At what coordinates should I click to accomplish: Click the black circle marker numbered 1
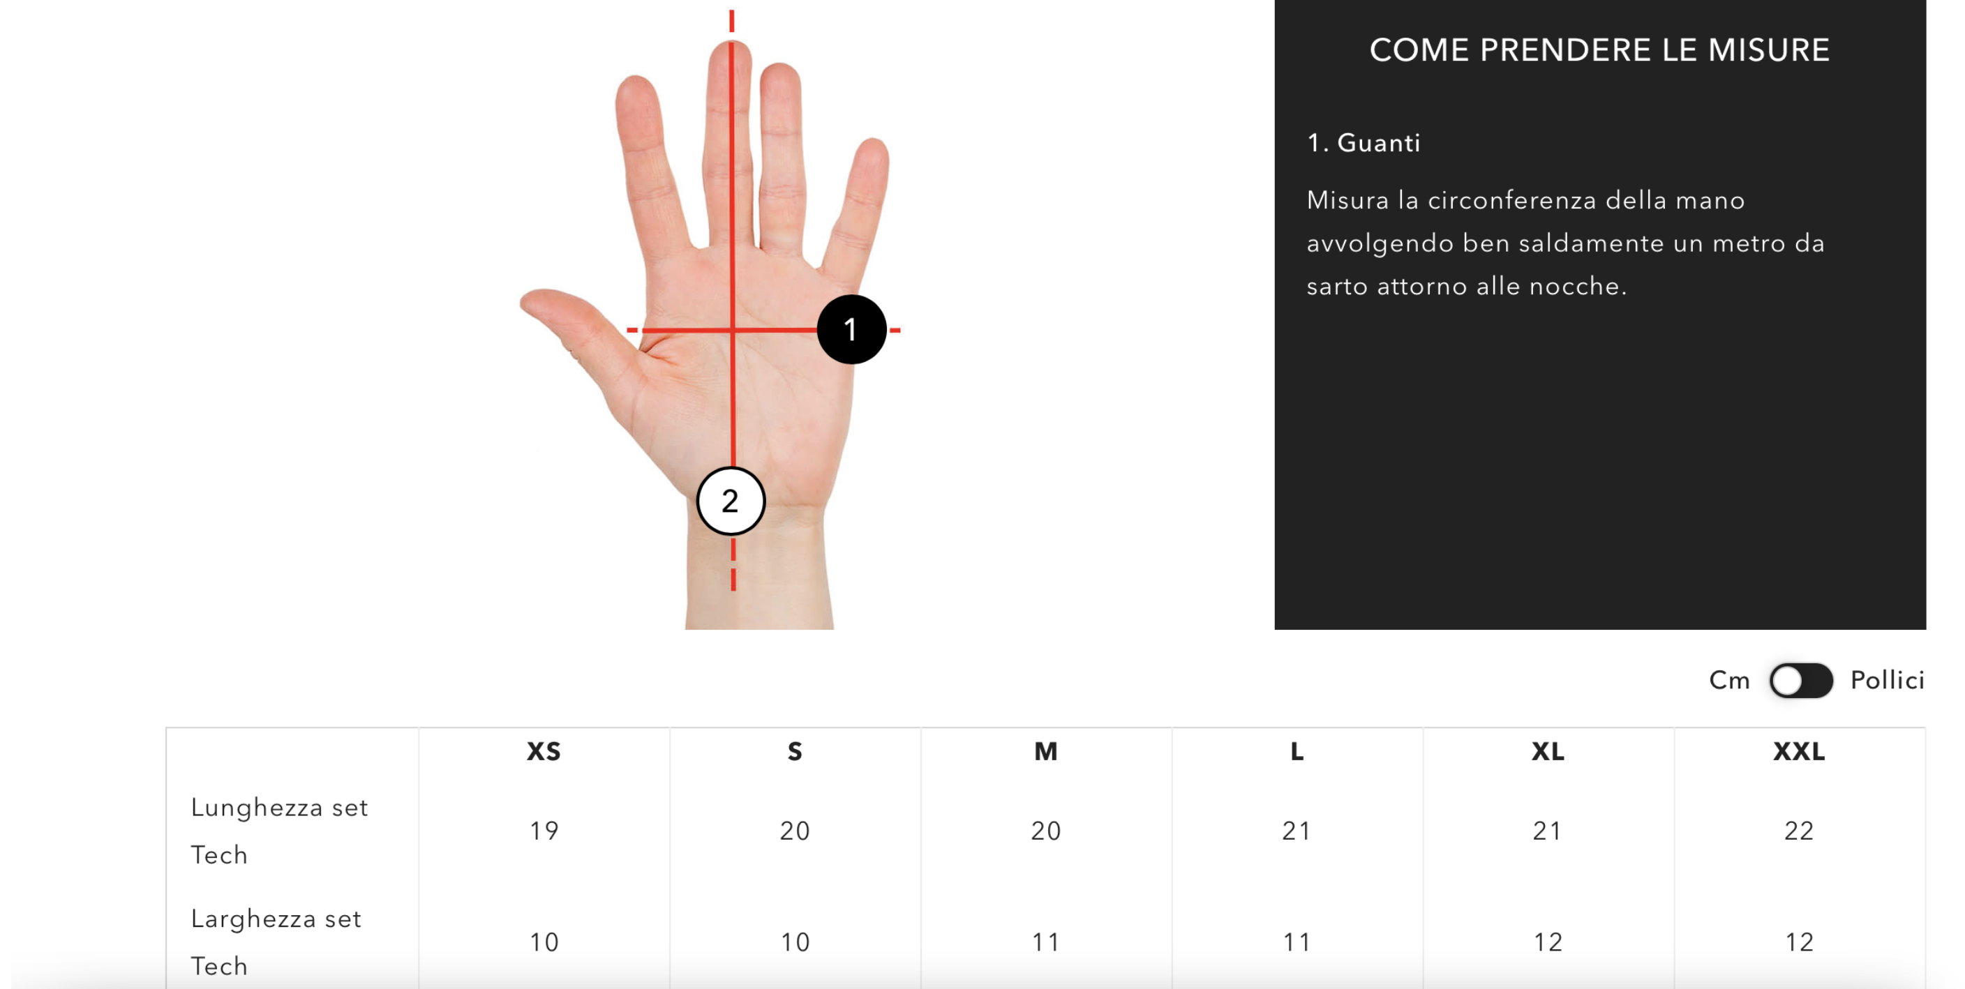[851, 329]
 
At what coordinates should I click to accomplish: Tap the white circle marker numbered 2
[731, 501]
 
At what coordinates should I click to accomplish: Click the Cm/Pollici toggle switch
[1801, 680]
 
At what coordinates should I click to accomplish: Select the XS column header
[544, 752]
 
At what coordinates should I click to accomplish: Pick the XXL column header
[1800, 752]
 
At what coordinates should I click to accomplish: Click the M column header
[1046, 752]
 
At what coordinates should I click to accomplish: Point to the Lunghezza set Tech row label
[279, 831]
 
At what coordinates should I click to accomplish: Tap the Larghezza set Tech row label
[276, 942]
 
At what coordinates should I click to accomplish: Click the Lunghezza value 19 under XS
[544, 831]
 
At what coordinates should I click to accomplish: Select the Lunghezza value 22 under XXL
[1799, 831]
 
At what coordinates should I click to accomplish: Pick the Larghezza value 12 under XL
[1548, 942]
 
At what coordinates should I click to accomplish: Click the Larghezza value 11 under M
[1046, 942]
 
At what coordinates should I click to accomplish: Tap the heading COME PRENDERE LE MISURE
[1599, 50]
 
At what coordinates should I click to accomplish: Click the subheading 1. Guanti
[1364, 142]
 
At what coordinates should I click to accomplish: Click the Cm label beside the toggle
[1729, 680]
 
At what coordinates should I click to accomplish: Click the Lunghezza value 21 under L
[1297, 831]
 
